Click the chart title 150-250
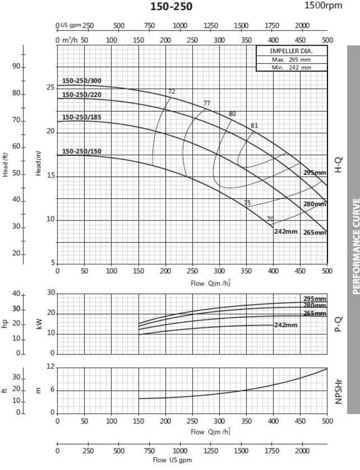pyautogui.click(x=171, y=6)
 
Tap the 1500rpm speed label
pyautogui.click(x=324, y=6)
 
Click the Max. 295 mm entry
pyautogui.click(x=291, y=60)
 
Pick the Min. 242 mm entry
pyautogui.click(x=291, y=67)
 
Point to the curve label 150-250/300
pyautogui.click(x=82, y=81)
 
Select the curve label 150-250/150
pyautogui.click(x=82, y=151)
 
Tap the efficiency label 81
pyautogui.click(x=254, y=125)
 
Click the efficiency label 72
pyautogui.click(x=172, y=91)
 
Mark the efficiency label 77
pyautogui.click(x=207, y=103)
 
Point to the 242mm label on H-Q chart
pyautogui.click(x=286, y=232)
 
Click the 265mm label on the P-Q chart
pyautogui.click(x=314, y=313)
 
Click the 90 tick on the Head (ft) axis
pyautogui.click(x=17, y=67)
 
